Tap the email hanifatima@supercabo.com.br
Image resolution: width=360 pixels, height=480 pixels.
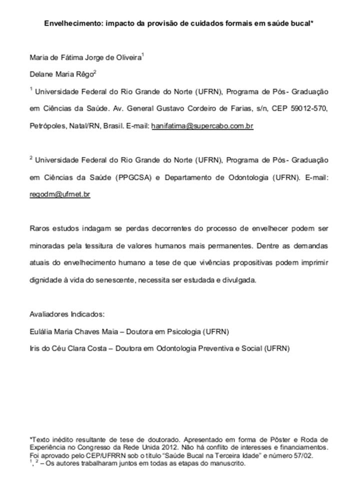click(202, 126)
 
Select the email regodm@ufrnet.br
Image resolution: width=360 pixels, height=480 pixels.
click(60, 194)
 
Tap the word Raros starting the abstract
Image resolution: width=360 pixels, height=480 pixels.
click(40, 228)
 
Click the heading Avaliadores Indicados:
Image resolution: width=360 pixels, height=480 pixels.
click(67, 314)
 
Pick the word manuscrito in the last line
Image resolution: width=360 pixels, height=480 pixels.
click(228, 463)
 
